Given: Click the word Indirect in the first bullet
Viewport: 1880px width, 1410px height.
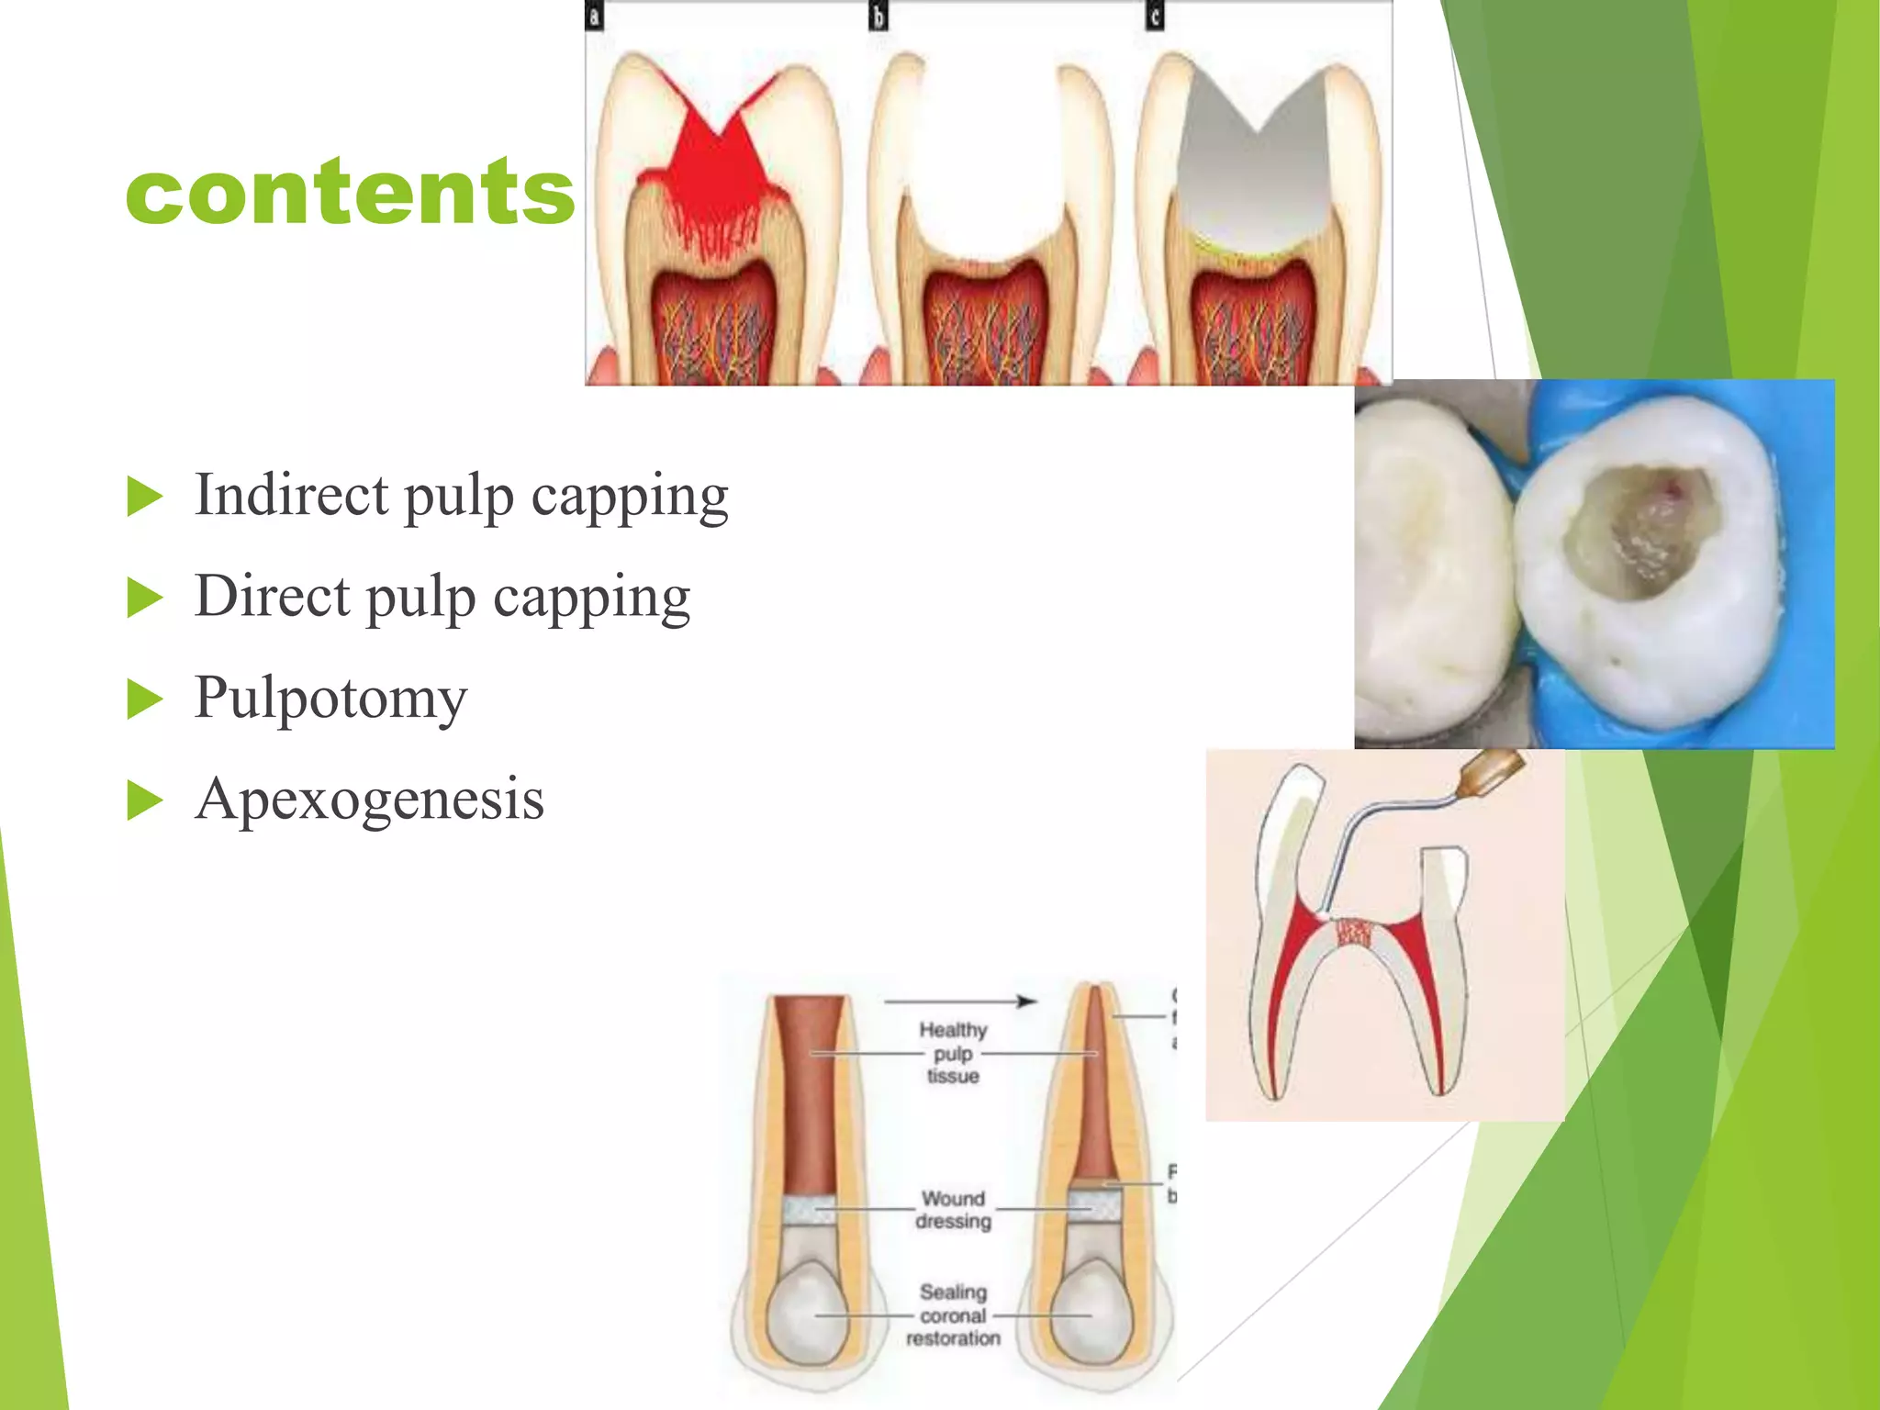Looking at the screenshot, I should (292, 495).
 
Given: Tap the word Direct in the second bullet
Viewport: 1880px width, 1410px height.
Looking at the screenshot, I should (273, 596).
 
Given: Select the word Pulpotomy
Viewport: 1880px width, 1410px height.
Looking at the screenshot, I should (330, 698).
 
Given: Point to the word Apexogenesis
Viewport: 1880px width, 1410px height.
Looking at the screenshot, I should (369, 799).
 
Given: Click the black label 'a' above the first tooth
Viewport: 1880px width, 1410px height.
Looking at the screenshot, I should (594, 16).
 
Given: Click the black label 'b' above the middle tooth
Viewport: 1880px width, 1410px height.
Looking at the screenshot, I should (878, 16).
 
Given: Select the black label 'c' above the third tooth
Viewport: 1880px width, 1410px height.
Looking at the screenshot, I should (1155, 16).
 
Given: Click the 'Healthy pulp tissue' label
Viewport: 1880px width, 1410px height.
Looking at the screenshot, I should (953, 1053).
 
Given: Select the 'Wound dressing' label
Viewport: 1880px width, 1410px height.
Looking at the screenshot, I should (953, 1210).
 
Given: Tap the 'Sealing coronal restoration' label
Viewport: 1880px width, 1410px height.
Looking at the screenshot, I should (953, 1315).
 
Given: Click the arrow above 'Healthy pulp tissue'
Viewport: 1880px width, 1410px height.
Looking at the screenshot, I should (959, 1001).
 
